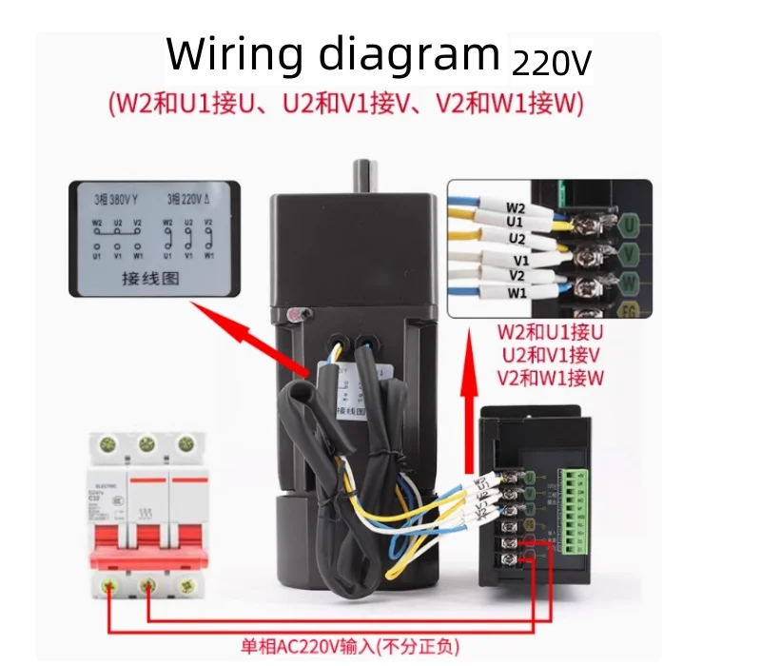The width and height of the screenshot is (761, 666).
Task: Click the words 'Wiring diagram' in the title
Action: (x=333, y=55)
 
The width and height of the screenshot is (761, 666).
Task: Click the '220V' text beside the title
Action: (x=552, y=63)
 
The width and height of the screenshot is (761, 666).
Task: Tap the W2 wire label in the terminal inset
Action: (x=516, y=206)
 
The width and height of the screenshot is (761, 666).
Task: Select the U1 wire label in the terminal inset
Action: (x=516, y=221)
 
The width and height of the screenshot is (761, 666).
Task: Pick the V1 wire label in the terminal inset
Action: (x=520, y=259)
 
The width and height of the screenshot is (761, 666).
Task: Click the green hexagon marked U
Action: (x=629, y=225)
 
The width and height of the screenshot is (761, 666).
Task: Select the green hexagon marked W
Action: (x=629, y=283)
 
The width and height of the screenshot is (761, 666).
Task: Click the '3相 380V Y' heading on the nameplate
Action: (x=116, y=201)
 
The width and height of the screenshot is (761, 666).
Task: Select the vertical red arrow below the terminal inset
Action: (x=468, y=381)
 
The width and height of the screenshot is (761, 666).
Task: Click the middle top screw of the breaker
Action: (x=146, y=444)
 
